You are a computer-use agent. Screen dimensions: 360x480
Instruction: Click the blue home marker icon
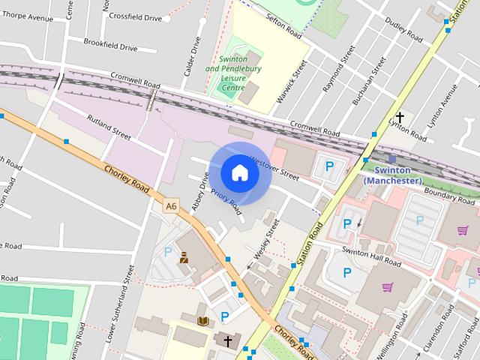coord(239,173)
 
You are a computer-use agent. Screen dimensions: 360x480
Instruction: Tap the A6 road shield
coord(171,205)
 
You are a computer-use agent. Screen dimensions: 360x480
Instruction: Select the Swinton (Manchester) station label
coord(392,175)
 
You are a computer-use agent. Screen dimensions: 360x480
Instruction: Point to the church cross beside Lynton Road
coord(400,117)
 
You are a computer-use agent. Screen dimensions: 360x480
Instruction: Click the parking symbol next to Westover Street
coord(328,166)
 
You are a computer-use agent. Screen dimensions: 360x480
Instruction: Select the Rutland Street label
coord(109,128)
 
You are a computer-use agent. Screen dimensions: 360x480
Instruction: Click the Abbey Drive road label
coord(199,190)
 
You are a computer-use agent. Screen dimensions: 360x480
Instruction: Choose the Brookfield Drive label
coord(110,46)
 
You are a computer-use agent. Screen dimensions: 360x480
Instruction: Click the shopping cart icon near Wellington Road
coord(388,286)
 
